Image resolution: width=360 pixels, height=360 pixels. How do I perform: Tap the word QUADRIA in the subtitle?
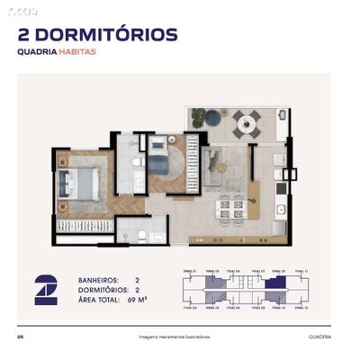[37, 52]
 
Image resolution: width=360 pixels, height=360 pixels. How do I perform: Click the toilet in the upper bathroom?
[137, 161]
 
